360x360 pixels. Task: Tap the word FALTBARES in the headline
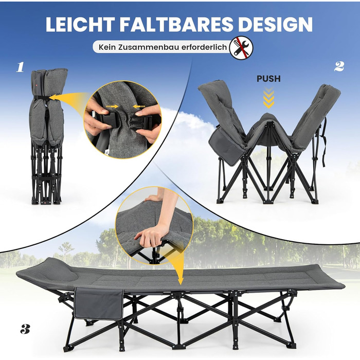tap(176, 24)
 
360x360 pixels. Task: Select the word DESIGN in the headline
tap(275, 24)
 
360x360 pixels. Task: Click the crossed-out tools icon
tap(241, 47)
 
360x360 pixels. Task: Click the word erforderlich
tap(204, 47)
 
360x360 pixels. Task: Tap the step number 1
tap(20, 67)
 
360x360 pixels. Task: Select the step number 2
tap(339, 66)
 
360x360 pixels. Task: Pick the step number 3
tap(25, 329)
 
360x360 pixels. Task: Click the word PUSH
tap(268, 79)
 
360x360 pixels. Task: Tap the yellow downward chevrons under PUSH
tap(268, 97)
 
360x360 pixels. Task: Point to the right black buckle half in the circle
tap(140, 123)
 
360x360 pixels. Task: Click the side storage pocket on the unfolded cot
tap(98, 303)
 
